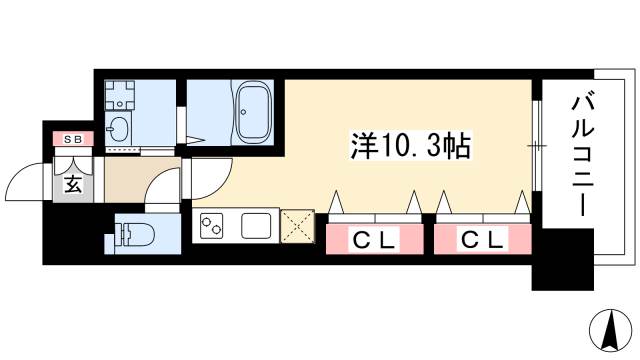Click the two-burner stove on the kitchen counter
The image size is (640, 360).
(213, 227)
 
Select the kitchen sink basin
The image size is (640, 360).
(256, 227)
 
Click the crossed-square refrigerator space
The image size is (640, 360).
(297, 226)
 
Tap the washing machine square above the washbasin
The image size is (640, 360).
(122, 96)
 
